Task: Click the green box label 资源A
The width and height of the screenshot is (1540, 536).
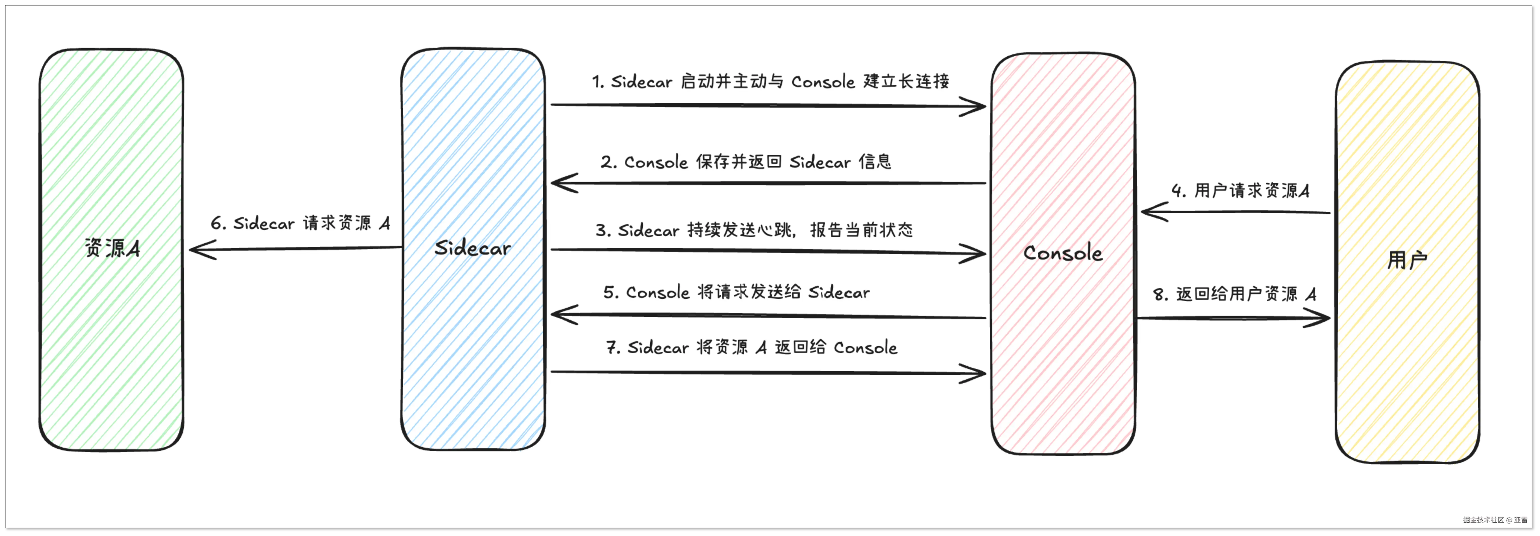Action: [x=112, y=248]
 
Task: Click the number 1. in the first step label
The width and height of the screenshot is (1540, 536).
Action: [x=598, y=81]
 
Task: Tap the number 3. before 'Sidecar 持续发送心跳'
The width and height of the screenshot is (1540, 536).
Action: [x=603, y=230]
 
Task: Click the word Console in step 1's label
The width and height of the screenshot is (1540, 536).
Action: [x=823, y=81]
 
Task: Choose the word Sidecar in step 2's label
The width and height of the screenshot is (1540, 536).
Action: [x=820, y=162]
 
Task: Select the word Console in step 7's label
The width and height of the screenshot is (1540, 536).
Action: [x=866, y=348]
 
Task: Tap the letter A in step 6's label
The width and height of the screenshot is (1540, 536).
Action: [x=384, y=223]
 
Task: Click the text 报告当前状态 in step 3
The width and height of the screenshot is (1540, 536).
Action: [x=862, y=230]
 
